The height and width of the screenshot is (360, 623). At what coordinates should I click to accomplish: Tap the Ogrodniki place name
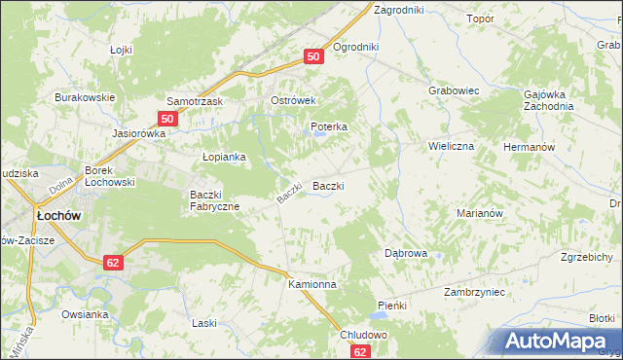coord(355,47)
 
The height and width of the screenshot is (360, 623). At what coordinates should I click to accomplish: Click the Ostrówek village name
coord(296,101)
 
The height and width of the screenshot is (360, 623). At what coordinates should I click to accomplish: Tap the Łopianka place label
coord(224,157)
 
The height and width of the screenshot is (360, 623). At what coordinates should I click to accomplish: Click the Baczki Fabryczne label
coord(215,199)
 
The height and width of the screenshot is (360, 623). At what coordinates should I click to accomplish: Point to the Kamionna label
coord(311,285)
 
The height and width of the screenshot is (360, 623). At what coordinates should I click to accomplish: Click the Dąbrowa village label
coord(406,253)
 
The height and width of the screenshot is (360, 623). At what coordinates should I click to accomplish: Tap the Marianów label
coord(478,213)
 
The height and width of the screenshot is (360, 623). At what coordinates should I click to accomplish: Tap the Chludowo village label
coord(364,335)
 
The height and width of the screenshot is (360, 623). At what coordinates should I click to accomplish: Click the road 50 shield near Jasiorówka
coord(166,119)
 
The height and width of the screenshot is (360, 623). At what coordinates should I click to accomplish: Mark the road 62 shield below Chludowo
coord(361,352)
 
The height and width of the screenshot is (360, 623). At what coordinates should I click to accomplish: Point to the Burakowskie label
coord(85,97)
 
